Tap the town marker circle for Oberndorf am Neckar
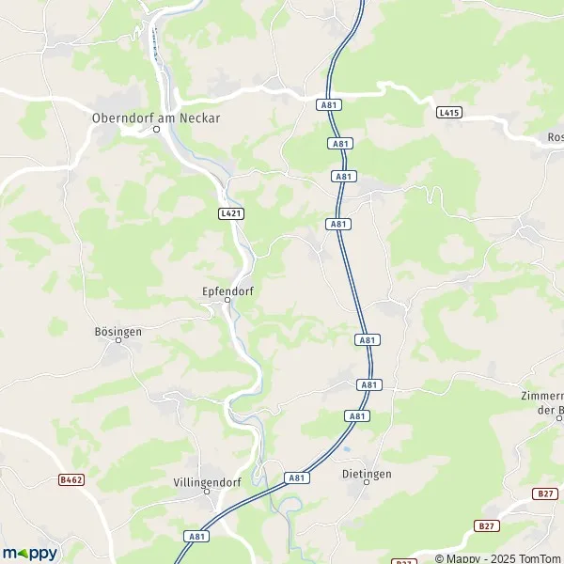coord(157,131)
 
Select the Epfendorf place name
coord(227,290)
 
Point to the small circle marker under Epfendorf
coord(227,302)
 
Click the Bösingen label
coord(118,331)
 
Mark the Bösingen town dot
coord(119,343)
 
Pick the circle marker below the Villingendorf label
coord(207,493)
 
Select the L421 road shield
coord(230,214)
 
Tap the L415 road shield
coord(450,113)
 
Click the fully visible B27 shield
coord(543,493)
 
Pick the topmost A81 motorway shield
coord(329,105)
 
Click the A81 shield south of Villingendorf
coord(196,537)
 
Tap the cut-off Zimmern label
coord(542,402)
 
